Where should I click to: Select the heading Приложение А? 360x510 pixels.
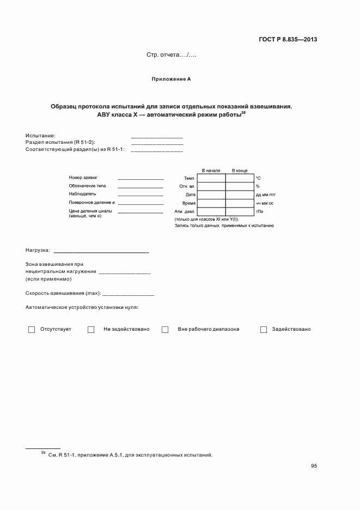[x=171, y=79]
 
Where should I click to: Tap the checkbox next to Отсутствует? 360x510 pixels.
[x=32, y=329]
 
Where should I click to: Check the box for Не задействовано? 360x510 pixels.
[x=91, y=329]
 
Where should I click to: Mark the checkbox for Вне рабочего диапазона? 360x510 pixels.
[x=165, y=329]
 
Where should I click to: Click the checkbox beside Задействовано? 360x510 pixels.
[x=264, y=329]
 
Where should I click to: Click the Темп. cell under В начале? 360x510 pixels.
[x=211, y=178]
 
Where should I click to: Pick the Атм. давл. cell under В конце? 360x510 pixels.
[x=240, y=211]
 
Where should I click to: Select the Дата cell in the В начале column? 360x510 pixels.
[x=211, y=195]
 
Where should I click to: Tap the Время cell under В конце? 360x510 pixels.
[x=240, y=203]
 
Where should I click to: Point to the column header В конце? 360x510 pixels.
[x=240, y=171]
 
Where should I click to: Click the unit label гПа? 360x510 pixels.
[x=260, y=211]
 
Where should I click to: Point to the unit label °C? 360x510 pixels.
[x=259, y=178]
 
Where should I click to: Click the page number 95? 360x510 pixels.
[x=314, y=466]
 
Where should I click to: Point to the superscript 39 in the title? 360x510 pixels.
[x=243, y=113]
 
